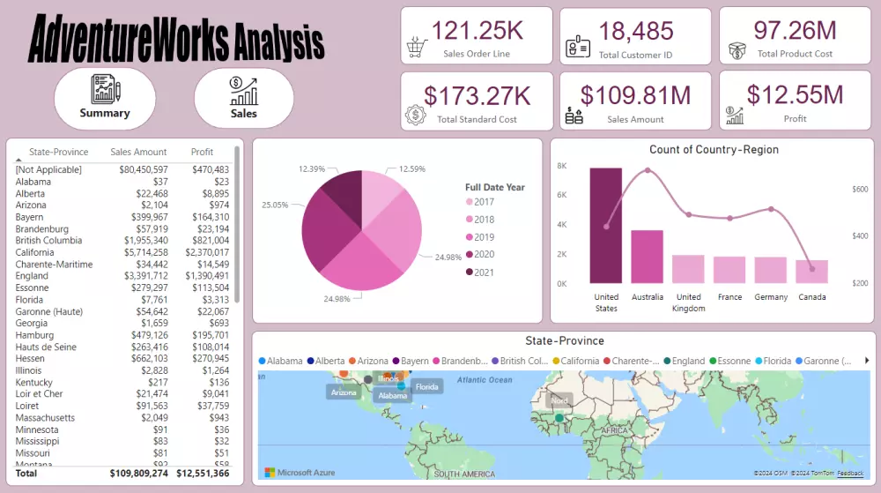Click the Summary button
pyautogui.click(x=105, y=98)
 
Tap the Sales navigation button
pyautogui.click(x=244, y=98)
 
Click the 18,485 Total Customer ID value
pyautogui.click(x=635, y=31)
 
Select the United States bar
pyautogui.click(x=606, y=226)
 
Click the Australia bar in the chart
pyautogui.click(x=647, y=257)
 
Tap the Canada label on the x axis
pyautogui.click(x=811, y=297)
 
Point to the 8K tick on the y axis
pyautogui.click(x=562, y=166)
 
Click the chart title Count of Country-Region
pyautogui.click(x=714, y=150)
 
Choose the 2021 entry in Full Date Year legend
pyautogui.click(x=484, y=273)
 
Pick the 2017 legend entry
pyautogui.click(x=484, y=202)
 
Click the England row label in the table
pyautogui.click(x=33, y=276)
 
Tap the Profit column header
pyautogui.click(x=202, y=152)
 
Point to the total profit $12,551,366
pyautogui.click(x=203, y=474)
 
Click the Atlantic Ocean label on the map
pyautogui.click(x=484, y=380)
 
